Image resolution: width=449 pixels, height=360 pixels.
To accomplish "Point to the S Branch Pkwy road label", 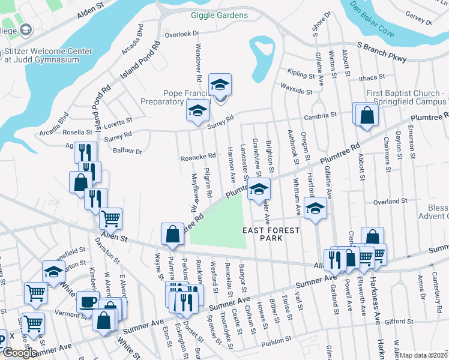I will coord(381,52).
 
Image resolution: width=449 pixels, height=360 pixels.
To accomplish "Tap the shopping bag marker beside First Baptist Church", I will coord(366,115).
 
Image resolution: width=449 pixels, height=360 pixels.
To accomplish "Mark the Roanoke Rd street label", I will coord(198,157).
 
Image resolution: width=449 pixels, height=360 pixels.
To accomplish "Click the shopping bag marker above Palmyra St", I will coord(172,235).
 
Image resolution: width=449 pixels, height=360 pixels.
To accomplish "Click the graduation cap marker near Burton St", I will coord(53,271).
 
